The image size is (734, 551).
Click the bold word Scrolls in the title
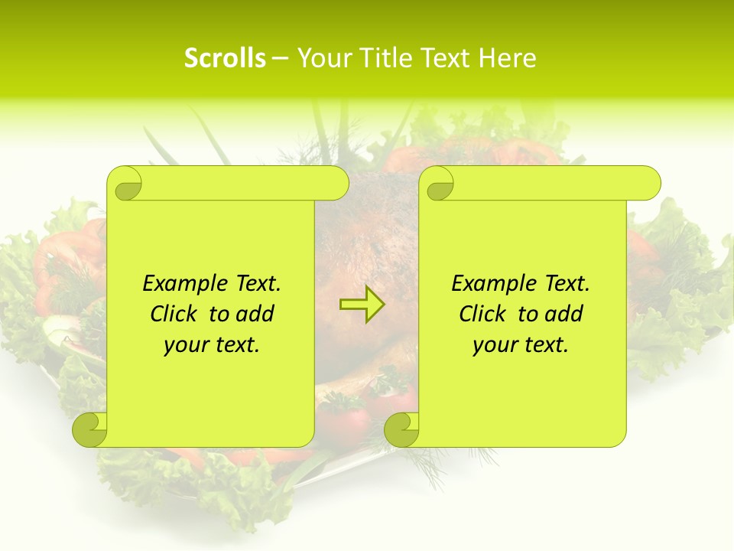pos(226,58)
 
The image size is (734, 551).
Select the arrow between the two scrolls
pos(362,305)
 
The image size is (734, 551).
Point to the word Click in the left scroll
pos(177,314)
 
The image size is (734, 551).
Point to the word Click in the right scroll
pos(486,314)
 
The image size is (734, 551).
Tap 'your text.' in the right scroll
pos(521,345)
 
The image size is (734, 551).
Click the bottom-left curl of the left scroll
pos(90,429)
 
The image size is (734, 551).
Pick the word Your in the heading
pos(321,58)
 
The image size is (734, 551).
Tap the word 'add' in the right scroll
pos(565,314)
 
